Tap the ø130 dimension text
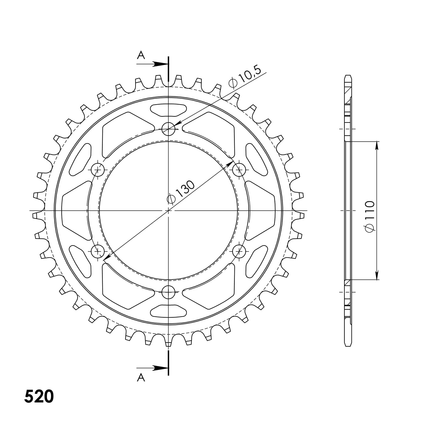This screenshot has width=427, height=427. [x=180, y=192]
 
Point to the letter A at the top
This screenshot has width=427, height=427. [x=141, y=55]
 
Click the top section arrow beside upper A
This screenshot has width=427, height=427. [x=152, y=64]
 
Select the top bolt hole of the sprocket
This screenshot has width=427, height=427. [x=168, y=129]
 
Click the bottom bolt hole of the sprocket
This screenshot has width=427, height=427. [x=168, y=292]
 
